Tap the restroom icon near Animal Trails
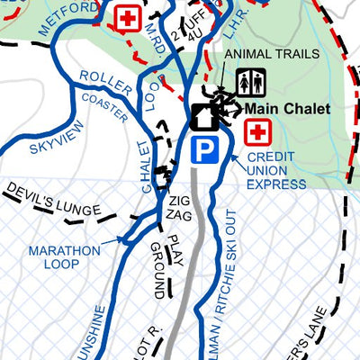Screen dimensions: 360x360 point(250,83)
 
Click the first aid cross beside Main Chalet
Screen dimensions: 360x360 point(259,132)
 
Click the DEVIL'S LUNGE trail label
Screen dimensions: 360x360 point(52,202)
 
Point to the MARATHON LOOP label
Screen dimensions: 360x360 point(64,256)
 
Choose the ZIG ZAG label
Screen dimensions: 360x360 point(178,210)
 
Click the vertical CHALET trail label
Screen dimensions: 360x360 point(148,166)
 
